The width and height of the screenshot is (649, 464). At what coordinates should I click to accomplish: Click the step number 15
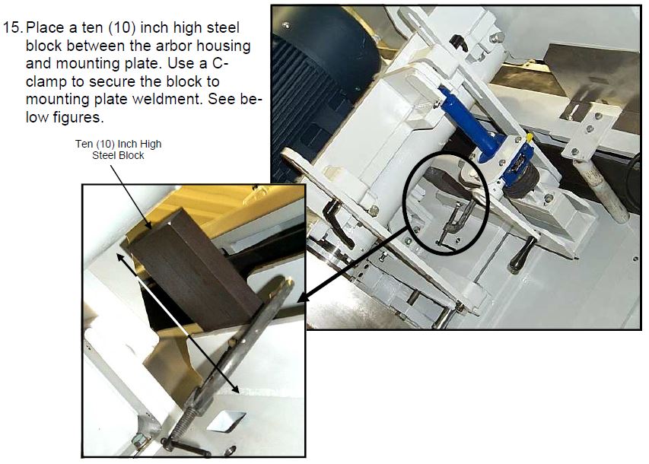click(x=12, y=27)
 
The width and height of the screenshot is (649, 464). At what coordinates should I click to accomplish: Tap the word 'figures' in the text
click(x=77, y=117)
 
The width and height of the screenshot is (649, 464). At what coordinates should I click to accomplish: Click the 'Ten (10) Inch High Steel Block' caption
click(x=119, y=149)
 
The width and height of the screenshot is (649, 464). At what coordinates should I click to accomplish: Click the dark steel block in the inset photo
click(x=195, y=270)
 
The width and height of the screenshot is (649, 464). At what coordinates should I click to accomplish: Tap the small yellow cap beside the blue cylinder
click(x=529, y=137)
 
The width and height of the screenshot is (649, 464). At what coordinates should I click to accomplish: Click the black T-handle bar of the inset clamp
click(x=186, y=447)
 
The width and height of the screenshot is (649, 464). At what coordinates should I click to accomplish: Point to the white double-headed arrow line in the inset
click(x=178, y=323)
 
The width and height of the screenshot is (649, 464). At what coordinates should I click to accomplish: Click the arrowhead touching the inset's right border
click(x=302, y=297)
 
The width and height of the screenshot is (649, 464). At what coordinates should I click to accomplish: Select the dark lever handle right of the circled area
click(x=523, y=255)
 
